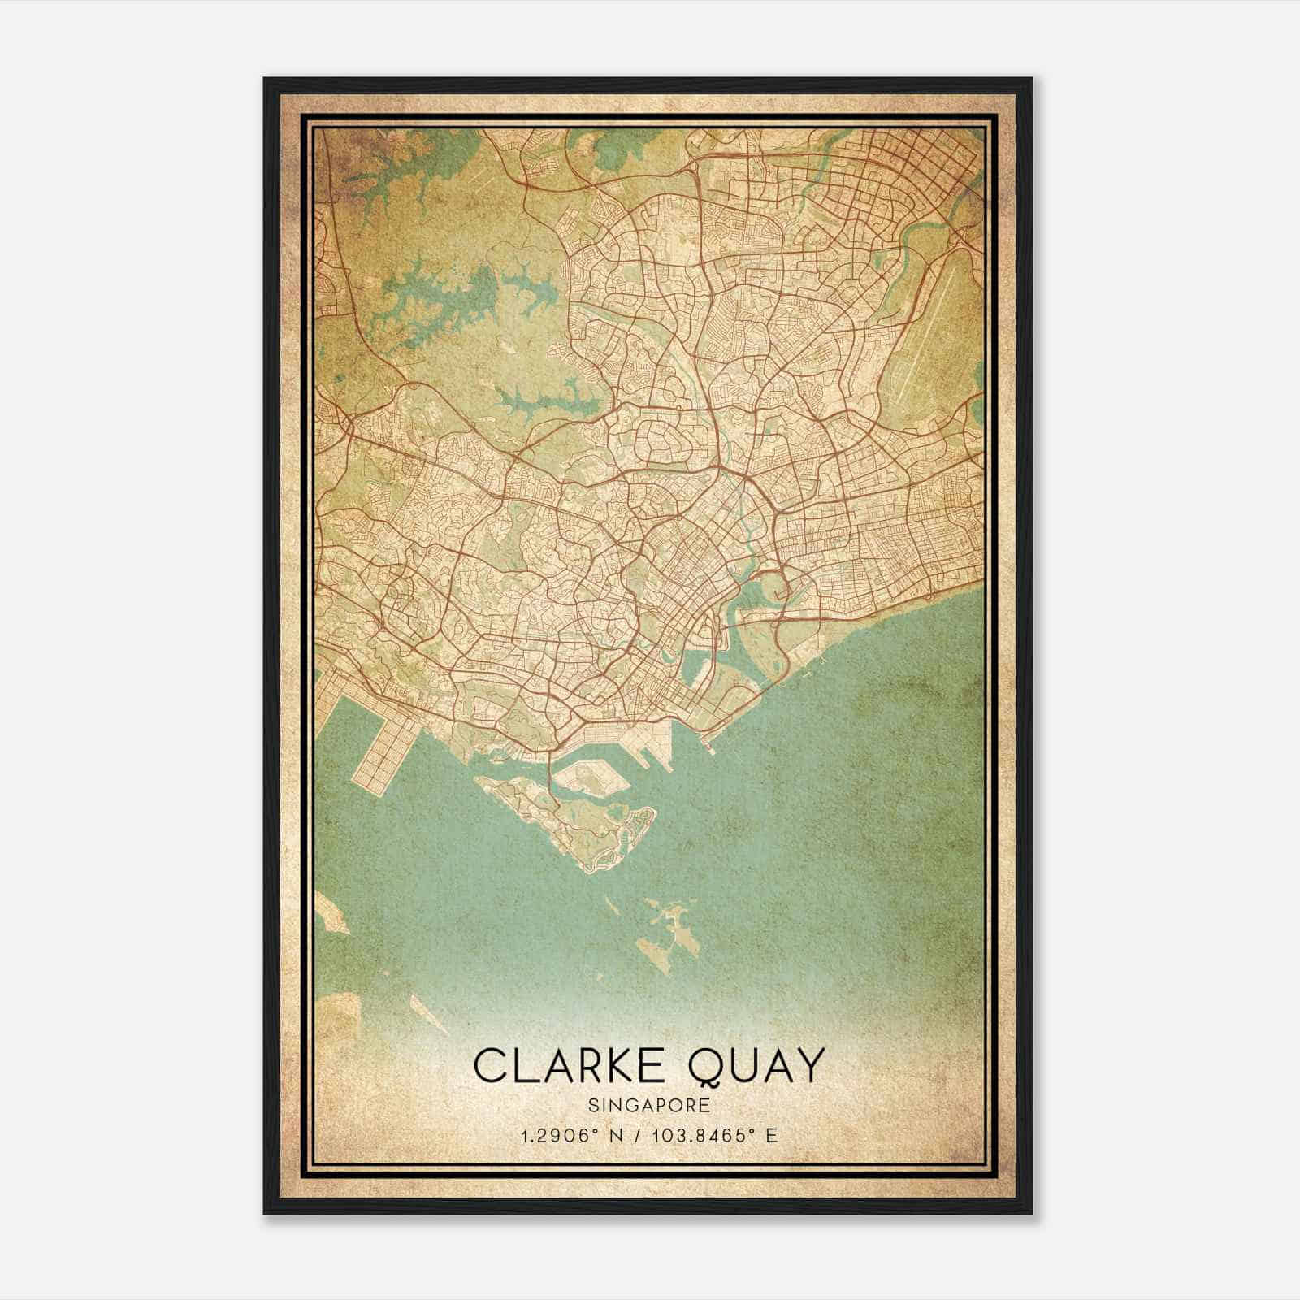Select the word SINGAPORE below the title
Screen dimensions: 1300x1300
point(649,1105)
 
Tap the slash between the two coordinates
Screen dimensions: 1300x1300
point(632,1135)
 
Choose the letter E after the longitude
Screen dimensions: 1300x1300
point(772,1135)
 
